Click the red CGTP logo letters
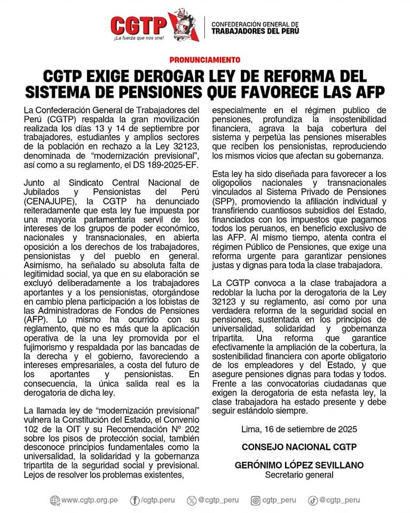pyautogui.click(x=138, y=24)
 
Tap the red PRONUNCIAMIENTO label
pyautogui.click(x=205, y=60)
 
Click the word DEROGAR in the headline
pyautogui.click(x=173, y=75)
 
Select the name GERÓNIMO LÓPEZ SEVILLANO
pyautogui.click(x=299, y=465)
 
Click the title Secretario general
pyautogui.click(x=299, y=475)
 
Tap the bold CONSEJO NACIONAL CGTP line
pyautogui.click(x=299, y=447)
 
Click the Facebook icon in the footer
pyautogui.click(x=135, y=501)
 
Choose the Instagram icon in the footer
pyautogui.click(x=256, y=501)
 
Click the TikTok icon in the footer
pyautogui.click(x=313, y=501)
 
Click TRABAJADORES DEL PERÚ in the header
pyautogui.click(x=255, y=31)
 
